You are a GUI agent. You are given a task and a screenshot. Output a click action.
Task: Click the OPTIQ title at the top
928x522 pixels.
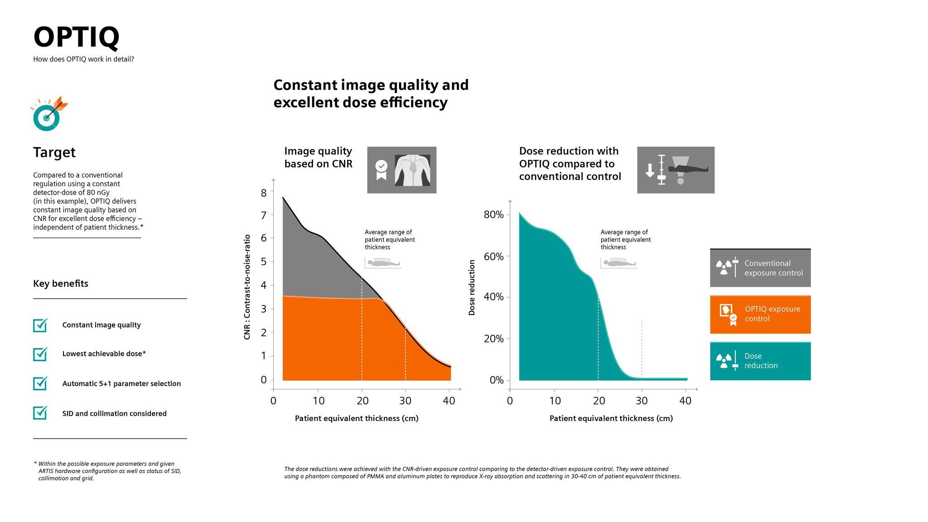click(x=76, y=37)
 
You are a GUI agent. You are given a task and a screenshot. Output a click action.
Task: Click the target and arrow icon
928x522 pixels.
click(x=49, y=114)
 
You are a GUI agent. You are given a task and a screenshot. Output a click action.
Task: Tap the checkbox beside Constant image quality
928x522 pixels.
click(x=40, y=325)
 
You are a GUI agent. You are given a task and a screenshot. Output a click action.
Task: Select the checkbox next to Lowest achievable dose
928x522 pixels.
click(x=40, y=354)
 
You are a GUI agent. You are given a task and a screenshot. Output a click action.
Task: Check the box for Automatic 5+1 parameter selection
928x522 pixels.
click(x=40, y=383)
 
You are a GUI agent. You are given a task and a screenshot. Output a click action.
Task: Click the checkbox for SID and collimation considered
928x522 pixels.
click(x=40, y=413)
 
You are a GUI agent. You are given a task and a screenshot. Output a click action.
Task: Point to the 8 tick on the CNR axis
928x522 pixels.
click(x=264, y=193)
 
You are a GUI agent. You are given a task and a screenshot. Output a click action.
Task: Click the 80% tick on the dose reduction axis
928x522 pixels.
click(x=494, y=215)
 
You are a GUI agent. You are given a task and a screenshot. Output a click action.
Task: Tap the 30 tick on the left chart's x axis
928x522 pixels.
click(x=405, y=401)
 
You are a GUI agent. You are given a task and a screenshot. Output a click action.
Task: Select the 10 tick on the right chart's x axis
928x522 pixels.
click(x=555, y=401)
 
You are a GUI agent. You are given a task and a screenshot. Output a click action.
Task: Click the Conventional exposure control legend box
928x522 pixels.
click(x=760, y=268)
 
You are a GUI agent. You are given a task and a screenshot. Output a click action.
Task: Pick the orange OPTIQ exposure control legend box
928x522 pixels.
click(x=760, y=314)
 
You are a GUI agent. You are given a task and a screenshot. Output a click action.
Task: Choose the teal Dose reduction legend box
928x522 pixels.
click(x=760, y=361)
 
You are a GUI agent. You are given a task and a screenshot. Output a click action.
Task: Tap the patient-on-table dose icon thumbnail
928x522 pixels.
click(x=675, y=170)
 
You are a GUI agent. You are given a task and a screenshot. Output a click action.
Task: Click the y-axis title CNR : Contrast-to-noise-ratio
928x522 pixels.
click(x=247, y=287)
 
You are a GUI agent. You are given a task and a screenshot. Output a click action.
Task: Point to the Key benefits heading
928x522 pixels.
click(x=61, y=284)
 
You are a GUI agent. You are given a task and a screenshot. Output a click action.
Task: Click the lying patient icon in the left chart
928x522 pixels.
click(x=383, y=263)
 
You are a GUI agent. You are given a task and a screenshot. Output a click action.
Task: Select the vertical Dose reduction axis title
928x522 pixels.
click(x=472, y=287)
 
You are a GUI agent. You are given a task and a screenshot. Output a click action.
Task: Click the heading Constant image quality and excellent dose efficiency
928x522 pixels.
click(x=371, y=93)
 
